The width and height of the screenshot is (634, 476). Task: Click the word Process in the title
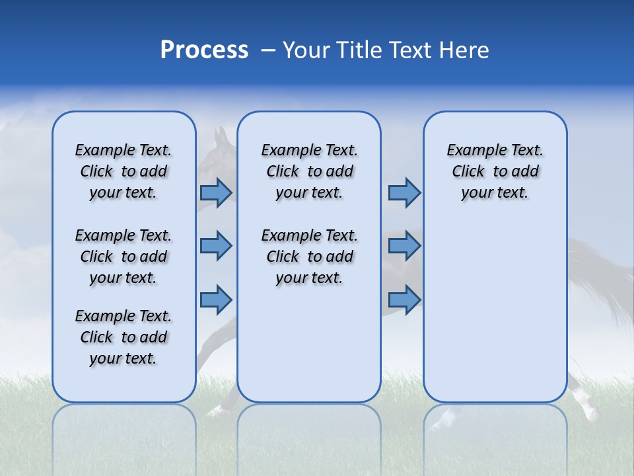204,50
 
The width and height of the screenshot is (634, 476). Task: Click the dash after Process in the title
268,51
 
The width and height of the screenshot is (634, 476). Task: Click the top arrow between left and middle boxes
216,193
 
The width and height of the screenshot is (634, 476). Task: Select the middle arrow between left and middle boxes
216,246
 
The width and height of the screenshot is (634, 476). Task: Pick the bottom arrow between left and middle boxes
216,299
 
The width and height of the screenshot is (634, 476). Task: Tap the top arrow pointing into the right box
404,193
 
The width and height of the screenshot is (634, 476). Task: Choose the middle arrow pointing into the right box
404,246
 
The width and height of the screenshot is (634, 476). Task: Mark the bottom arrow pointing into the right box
404,299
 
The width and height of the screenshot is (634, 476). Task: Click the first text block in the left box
123,171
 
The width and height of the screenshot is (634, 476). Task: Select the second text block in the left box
123,257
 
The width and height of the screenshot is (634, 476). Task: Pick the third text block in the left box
123,337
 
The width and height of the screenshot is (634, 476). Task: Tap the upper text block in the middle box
309,171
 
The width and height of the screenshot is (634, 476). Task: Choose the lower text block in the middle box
309,257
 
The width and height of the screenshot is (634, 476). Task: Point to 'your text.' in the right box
495,193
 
